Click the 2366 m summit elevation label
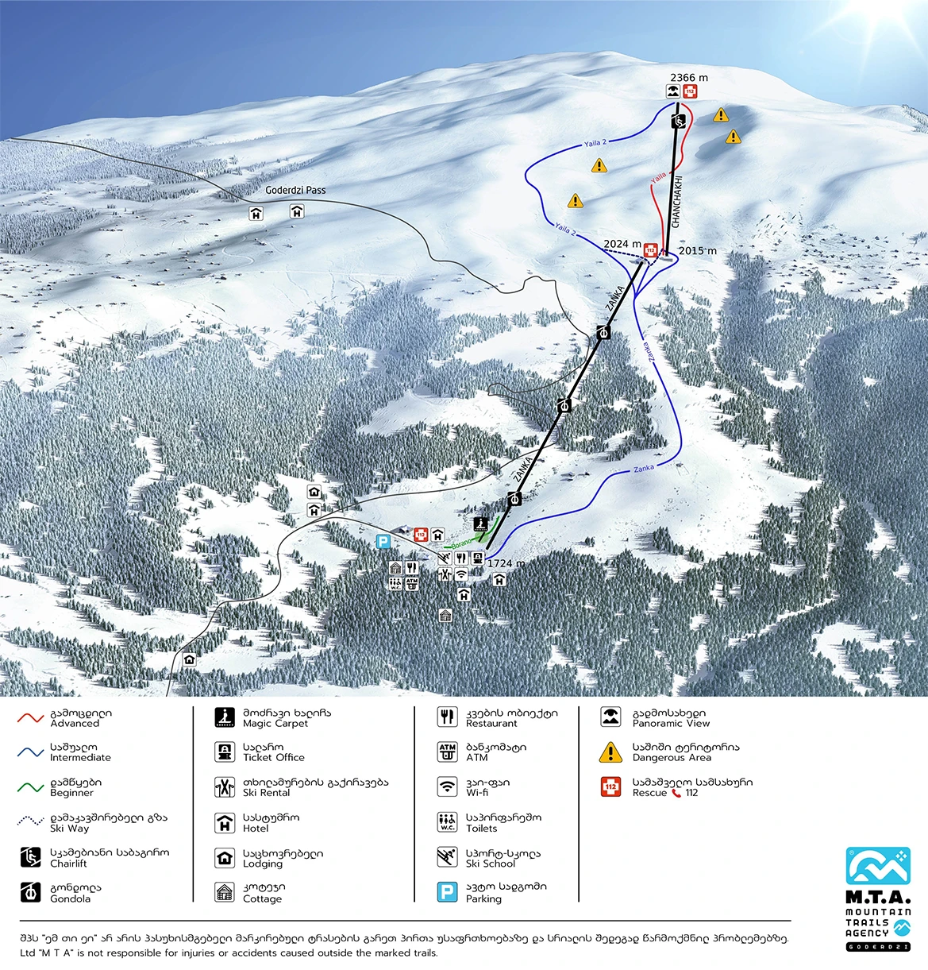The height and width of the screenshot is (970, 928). [688, 78]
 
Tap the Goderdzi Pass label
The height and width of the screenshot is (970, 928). [295, 191]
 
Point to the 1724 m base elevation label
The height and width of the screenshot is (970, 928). [506, 563]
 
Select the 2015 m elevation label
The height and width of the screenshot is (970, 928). [697, 251]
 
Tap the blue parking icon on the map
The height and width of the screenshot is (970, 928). [383, 541]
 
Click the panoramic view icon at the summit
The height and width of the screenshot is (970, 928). [673, 92]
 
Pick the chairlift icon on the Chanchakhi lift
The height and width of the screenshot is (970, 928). [678, 122]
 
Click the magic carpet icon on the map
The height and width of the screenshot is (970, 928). [480, 524]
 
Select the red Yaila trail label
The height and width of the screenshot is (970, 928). [658, 178]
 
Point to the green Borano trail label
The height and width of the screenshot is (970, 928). [461, 543]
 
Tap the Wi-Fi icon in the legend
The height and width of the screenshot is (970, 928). [448, 786]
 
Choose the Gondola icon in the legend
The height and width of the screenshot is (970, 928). [30, 892]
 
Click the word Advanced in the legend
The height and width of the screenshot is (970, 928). [75, 724]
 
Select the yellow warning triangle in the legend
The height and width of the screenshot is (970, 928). [610, 752]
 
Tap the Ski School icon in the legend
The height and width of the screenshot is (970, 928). [448, 857]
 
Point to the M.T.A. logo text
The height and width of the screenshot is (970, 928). [878, 897]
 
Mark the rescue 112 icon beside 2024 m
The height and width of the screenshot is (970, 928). [651, 250]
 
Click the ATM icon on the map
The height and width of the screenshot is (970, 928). [412, 583]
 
